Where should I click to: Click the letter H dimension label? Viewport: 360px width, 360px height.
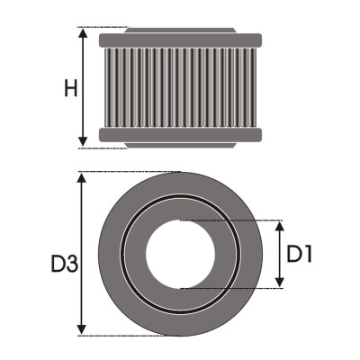pyautogui.click(x=71, y=88)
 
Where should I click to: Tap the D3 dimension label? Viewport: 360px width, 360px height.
pyautogui.click(x=65, y=264)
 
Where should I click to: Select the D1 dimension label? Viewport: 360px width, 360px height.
pyautogui.click(x=300, y=254)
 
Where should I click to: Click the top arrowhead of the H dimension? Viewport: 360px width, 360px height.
pyautogui.click(x=83, y=33)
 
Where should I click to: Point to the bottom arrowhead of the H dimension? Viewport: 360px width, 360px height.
pyautogui.click(x=83, y=141)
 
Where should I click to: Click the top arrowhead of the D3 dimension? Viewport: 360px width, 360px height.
pyautogui.click(x=82, y=177)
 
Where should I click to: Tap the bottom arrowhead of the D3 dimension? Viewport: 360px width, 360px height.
pyautogui.click(x=82, y=330)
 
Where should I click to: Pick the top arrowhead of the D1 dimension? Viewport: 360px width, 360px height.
pyautogui.click(x=280, y=226)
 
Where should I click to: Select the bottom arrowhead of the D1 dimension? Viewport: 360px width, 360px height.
pyautogui.click(x=280, y=282)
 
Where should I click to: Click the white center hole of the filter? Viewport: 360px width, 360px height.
pyautogui.click(x=180, y=254)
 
